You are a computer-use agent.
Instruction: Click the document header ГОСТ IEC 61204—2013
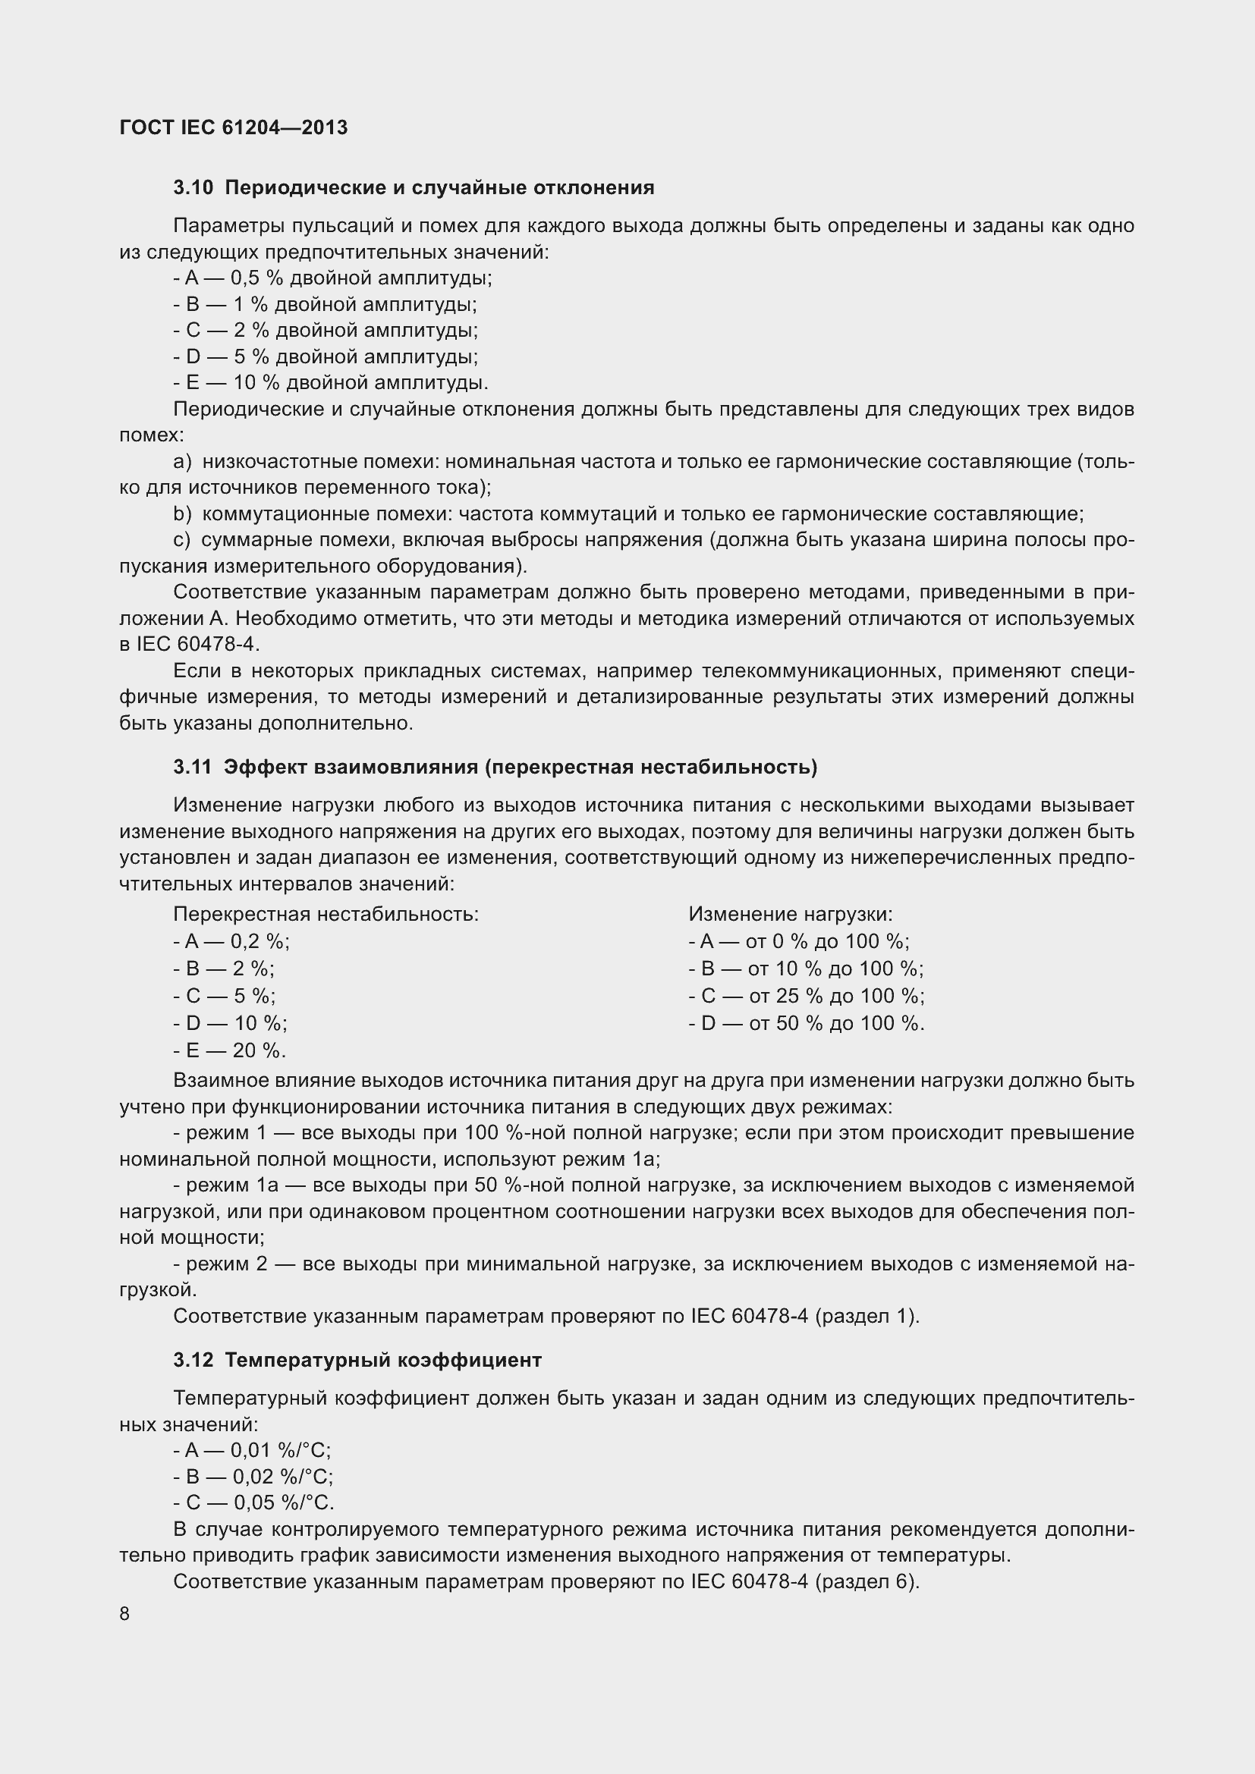pos(234,127)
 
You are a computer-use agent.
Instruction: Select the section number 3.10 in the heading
pos(193,188)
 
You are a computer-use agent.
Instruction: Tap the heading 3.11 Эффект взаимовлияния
pos(495,767)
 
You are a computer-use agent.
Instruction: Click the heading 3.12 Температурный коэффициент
pos(357,1360)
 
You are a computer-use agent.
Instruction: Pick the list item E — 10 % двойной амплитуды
pos(331,382)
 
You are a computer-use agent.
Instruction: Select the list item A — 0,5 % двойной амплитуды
pos(332,278)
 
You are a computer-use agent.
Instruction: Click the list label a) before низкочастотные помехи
pos(181,461)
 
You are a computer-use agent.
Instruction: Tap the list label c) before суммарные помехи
pos(181,539)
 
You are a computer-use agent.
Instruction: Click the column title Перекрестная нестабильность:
pos(326,914)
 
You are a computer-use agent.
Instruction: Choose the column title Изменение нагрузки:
pos(790,914)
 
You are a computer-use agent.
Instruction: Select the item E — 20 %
pos(229,1050)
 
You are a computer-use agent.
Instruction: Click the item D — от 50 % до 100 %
pos(806,1023)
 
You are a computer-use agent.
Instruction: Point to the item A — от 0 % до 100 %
pos(798,941)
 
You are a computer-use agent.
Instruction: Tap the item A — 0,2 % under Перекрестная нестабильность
pos(231,941)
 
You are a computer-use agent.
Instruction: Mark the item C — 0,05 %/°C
pos(253,1502)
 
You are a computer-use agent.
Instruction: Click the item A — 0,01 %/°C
pos(252,1449)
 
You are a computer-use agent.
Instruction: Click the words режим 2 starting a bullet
pos(228,1264)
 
